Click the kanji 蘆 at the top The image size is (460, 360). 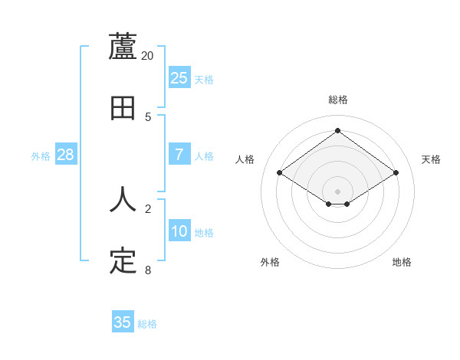coord(123,47)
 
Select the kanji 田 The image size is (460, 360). coord(123,108)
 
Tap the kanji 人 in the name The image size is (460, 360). coord(123,199)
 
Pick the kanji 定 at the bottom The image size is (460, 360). coord(123,260)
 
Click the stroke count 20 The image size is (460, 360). coord(148,56)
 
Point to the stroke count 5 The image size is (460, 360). coord(148,117)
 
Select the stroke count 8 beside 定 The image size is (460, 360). coord(148,270)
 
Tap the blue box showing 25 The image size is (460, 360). coord(179,78)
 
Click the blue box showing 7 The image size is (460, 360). coord(179,155)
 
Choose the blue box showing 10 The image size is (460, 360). coord(179,231)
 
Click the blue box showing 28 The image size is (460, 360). coord(65,155)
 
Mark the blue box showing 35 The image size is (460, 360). coord(123,322)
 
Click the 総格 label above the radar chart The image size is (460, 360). coord(338,100)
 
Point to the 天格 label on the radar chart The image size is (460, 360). coord(431,159)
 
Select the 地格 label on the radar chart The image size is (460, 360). coord(402,262)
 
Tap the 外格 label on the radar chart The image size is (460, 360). coord(270,262)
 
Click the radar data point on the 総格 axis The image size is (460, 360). coord(338,130)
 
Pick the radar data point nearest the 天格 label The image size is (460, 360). coord(396,173)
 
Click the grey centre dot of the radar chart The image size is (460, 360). coord(338,191)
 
